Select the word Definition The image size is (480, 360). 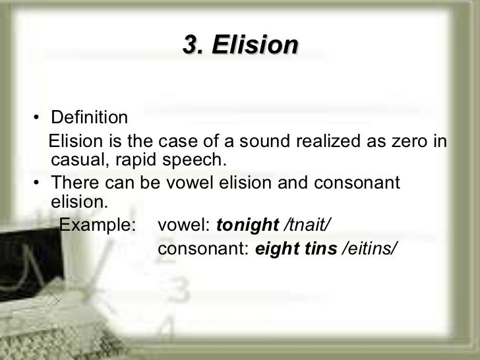click(89, 118)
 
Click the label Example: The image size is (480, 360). click(98, 225)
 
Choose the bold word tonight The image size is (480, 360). click(248, 225)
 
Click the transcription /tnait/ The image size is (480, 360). click(307, 225)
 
